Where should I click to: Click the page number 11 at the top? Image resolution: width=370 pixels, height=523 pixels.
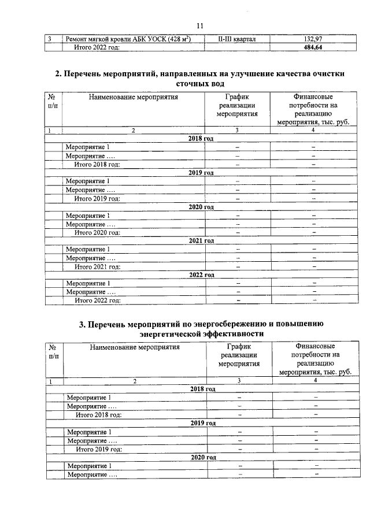click(x=200, y=26)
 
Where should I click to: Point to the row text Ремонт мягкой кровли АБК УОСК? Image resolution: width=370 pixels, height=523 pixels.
click(x=128, y=39)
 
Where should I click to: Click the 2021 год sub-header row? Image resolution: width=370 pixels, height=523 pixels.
click(x=202, y=240)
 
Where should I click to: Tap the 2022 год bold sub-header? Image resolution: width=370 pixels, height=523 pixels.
click(x=202, y=275)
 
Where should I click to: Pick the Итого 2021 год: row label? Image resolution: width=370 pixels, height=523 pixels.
click(x=97, y=266)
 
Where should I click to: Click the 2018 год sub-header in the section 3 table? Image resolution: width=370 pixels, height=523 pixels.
click(x=203, y=389)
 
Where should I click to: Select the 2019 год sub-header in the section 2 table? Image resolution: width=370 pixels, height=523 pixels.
click(x=202, y=173)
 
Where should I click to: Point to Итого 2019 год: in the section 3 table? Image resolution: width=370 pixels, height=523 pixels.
click(x=99, y=448)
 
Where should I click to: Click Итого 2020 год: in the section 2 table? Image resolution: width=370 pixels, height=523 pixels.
click(x=97, y=232)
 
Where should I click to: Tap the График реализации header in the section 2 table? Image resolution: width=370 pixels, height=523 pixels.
click(x=237, y=106)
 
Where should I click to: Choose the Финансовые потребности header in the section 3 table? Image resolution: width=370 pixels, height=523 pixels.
click(x=315, y=359)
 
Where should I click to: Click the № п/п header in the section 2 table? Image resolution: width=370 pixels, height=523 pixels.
click(x=53, y=102)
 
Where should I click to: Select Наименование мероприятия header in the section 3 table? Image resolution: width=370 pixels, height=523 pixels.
click(x=135, y=347)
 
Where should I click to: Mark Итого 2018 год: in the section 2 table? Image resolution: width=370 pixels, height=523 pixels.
click(x=97, y=164)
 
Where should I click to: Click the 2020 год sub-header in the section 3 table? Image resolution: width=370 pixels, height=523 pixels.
click(x=203, y=457)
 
